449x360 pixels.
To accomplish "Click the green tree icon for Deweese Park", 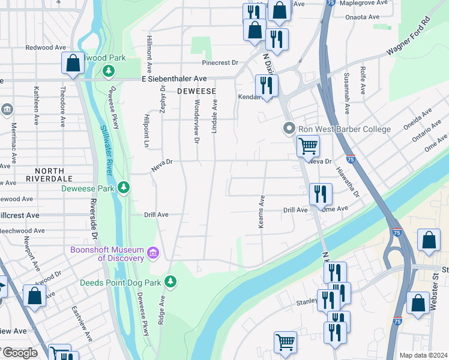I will click(x=124, y=188).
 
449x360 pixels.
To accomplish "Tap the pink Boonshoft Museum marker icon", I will click(x=154, y=253).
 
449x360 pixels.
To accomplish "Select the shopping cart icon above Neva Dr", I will click(x=308, y=145).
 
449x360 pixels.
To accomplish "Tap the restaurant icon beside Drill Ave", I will click(x=321, y=193).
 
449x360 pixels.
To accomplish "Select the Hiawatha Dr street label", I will click(x=352, y=181).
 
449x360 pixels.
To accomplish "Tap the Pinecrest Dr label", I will click(x=220, y=62).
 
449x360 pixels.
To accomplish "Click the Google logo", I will click(x=20, y=353).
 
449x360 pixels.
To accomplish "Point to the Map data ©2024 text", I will click(x=423, y=355).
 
